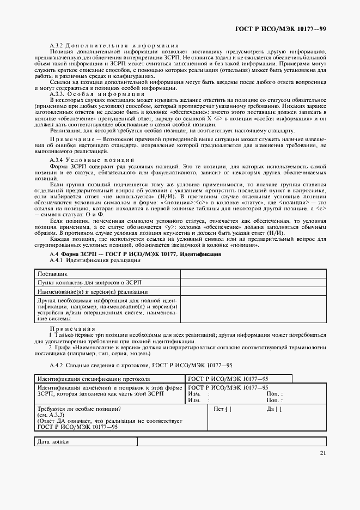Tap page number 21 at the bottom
coord(322,453)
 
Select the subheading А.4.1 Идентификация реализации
coord(95,260)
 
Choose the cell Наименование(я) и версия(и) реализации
coord(86,292)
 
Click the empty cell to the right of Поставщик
coord(253,272)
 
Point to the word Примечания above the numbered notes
coord(72,329)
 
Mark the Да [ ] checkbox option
coord(274,408)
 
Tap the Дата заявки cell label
coord(53,441)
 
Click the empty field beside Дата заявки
coord(231,441)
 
